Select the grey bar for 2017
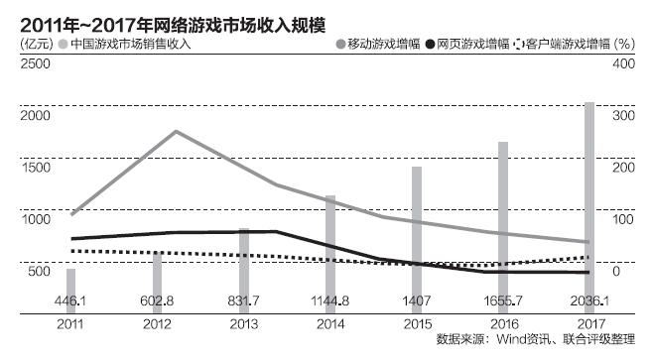(589, 198)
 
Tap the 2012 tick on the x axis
(157, 324)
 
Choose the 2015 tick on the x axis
(416, 324)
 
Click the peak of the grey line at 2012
(175, 131)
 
